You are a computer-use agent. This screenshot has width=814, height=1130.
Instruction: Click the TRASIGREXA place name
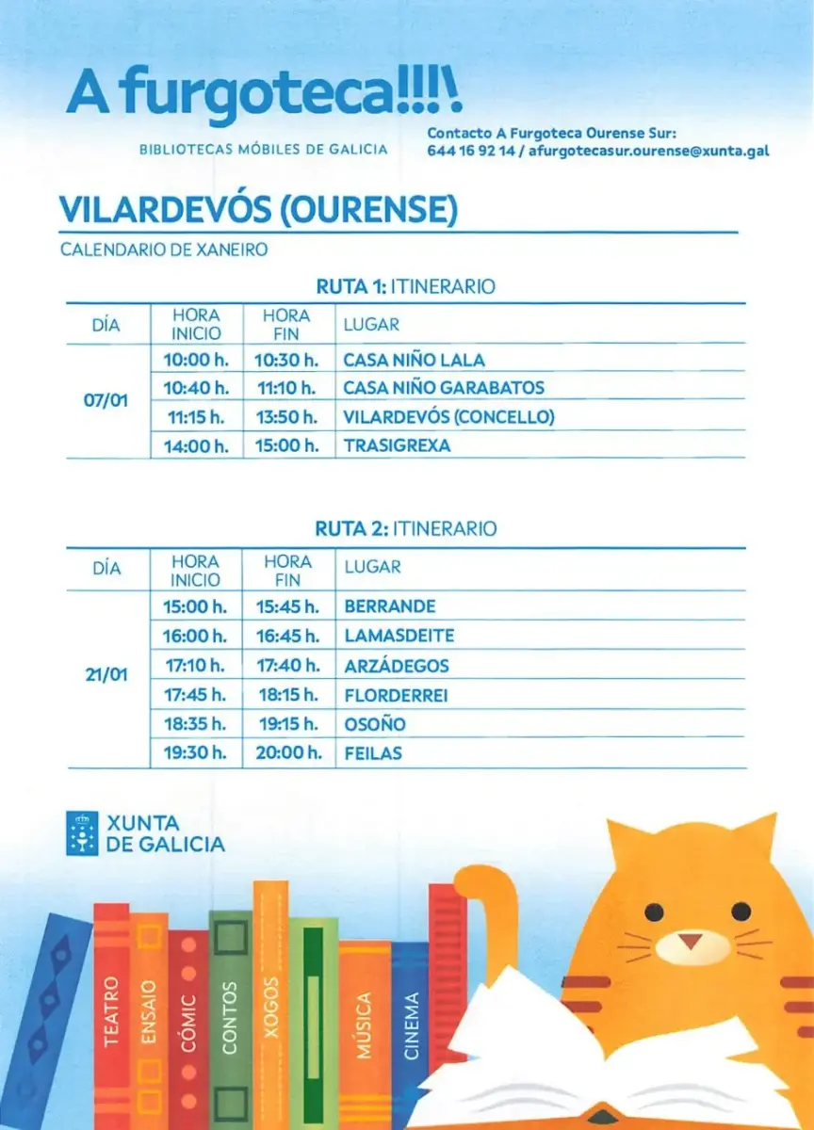(397, 445)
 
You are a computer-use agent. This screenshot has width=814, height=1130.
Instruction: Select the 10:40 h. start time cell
(196, 387)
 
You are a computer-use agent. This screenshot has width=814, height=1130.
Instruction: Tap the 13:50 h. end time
(287, 416)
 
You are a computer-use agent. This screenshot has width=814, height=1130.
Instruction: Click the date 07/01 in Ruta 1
(106, 401)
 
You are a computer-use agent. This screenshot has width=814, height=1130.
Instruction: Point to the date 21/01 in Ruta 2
(106, 675)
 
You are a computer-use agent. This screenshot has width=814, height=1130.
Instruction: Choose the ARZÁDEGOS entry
(397, 666)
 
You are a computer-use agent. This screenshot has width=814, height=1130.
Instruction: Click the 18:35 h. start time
(195, 724)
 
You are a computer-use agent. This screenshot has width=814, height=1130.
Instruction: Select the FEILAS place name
(373, 753)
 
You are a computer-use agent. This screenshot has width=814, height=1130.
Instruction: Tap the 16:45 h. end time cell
(288, 636)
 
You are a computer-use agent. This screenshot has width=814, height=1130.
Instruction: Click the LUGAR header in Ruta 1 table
(371, 325)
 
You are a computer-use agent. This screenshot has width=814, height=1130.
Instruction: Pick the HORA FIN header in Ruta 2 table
(288, 570)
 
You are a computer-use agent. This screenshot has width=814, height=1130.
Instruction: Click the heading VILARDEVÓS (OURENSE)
(257, 210)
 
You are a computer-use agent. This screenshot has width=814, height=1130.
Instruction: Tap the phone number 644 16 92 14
(471, 151)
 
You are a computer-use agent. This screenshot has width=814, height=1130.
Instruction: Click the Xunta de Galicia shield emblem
(82, 832)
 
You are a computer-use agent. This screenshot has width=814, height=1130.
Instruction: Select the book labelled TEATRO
(111, 1012)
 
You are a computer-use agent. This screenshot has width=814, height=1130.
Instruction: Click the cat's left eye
(652, 912)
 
